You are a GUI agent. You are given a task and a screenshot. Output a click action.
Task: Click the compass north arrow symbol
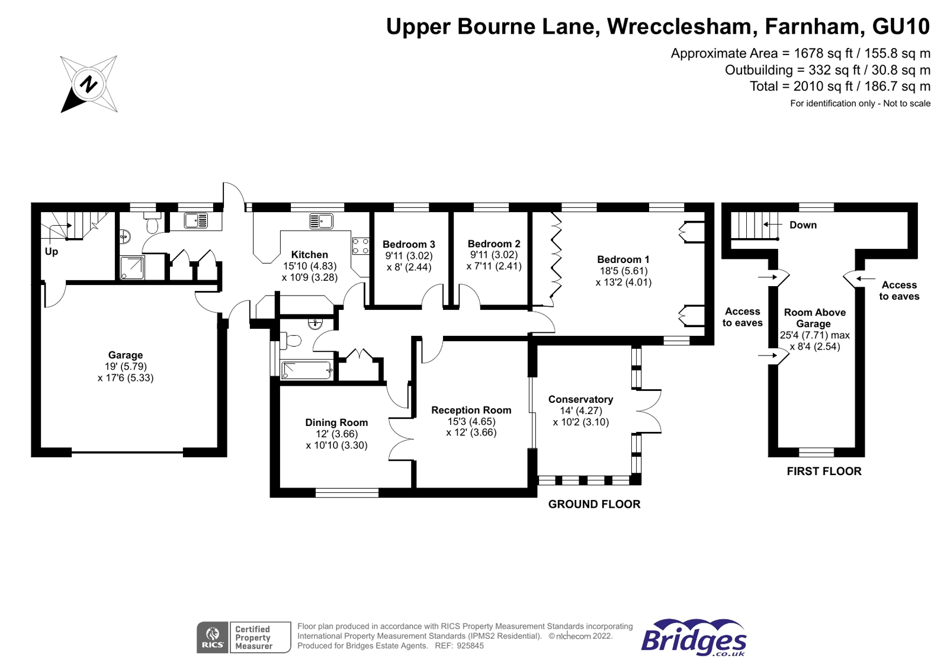(89, 84)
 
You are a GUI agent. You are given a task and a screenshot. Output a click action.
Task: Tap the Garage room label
(125, 355)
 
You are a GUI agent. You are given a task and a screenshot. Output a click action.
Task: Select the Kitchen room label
(309, 255)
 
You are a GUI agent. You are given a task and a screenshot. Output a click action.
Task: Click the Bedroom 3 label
(409, 244)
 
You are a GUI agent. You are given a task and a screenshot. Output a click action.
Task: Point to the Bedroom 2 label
(494, 243)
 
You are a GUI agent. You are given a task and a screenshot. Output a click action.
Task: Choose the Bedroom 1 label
(623, 259)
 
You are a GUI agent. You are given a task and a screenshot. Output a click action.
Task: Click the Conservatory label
(580, 399)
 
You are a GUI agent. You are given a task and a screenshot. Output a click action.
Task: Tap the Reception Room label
(471, 410)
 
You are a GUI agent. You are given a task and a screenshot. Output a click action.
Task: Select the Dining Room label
(336, 422)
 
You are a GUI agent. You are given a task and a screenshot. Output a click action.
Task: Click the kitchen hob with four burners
(360, 246)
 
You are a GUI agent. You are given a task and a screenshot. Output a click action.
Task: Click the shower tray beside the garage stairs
(132, 268)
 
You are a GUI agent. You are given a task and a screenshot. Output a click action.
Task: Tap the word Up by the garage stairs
(52, 251)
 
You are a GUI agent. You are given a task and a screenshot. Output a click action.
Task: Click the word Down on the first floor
(802, 225)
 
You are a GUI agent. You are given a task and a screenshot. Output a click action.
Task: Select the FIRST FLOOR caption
(824, 472)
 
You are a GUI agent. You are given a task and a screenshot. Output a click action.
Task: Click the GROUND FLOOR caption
(594, 504)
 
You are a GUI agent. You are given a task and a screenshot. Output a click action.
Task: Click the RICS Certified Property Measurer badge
(243, 637)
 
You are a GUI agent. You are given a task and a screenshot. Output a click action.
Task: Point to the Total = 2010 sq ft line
(840, 86)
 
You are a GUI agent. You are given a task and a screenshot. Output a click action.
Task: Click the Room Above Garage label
(814, 318)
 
